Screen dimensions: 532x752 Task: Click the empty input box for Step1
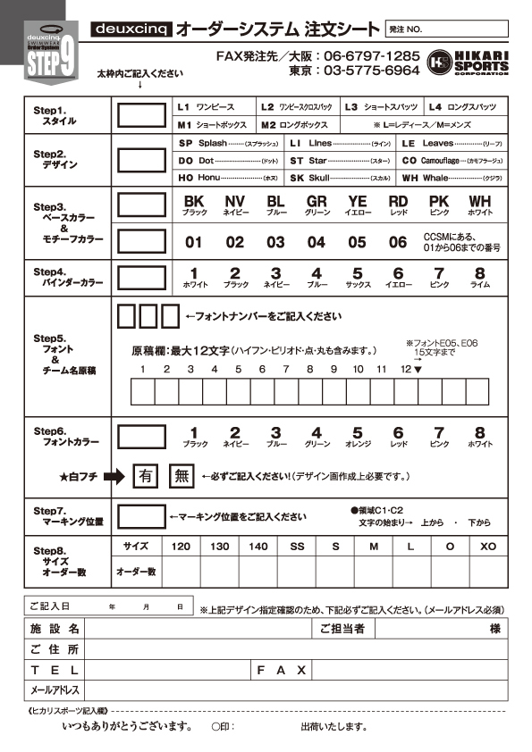141,114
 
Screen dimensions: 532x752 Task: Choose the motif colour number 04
316,242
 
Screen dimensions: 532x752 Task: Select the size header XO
487,545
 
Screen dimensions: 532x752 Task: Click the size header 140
258,545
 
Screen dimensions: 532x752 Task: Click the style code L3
351,105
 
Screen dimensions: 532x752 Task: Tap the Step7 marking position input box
141,515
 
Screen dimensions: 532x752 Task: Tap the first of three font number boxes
127,316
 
